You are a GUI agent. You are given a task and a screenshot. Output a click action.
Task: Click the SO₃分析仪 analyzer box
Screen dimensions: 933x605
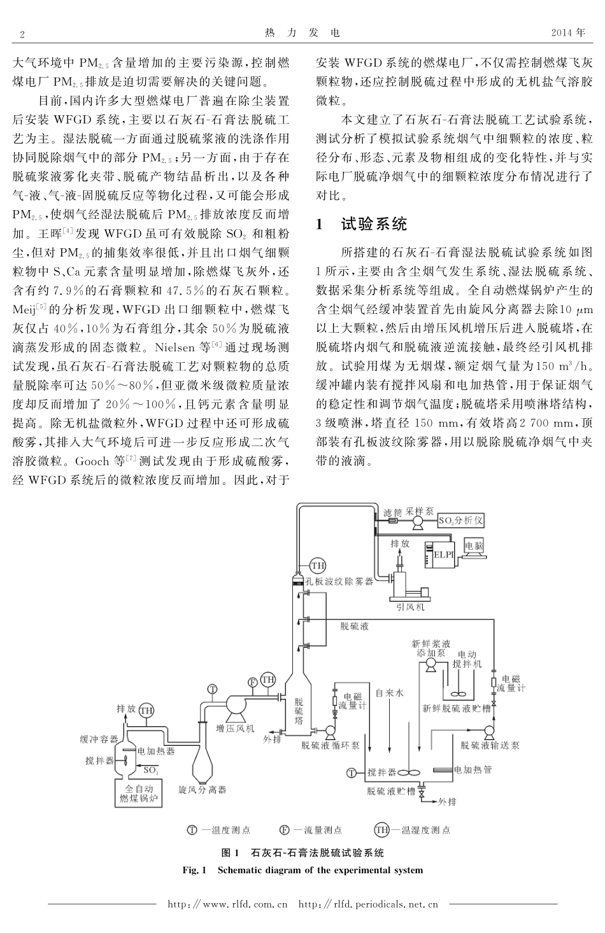[460, 521]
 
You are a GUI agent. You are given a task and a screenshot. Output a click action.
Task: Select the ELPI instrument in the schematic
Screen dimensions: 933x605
[443, 553]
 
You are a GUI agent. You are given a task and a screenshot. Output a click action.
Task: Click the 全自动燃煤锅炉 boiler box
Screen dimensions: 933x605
[136, 793]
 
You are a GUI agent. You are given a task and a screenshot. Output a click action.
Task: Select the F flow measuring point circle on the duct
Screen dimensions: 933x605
[253, 682]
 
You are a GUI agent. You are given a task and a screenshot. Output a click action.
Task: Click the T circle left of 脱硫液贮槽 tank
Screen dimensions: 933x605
[351, 773]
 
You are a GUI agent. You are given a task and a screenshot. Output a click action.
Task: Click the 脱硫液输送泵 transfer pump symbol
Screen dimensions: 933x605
[489, 731]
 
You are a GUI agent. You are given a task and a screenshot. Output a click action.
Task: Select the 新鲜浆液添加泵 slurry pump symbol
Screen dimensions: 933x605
[431, 665]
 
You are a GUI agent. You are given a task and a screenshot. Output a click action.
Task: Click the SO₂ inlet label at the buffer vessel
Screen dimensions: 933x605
[150, 770]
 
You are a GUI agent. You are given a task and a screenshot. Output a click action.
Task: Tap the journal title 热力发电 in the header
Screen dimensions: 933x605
[302, 32]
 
